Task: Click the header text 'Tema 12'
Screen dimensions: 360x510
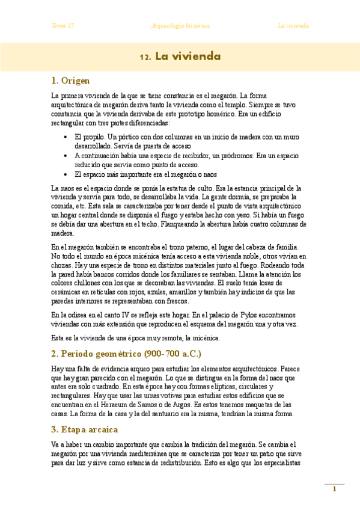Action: [63, 26]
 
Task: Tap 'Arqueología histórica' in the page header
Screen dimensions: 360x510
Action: [180, 26]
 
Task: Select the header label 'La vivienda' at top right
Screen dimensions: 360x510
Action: [293, 26]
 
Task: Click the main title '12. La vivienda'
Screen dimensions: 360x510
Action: [180, 57]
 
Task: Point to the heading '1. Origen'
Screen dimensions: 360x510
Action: [70, 80]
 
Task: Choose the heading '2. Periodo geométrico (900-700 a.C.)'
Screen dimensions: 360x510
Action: [126, 353]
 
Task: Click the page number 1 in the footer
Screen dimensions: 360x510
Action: [334, 489]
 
